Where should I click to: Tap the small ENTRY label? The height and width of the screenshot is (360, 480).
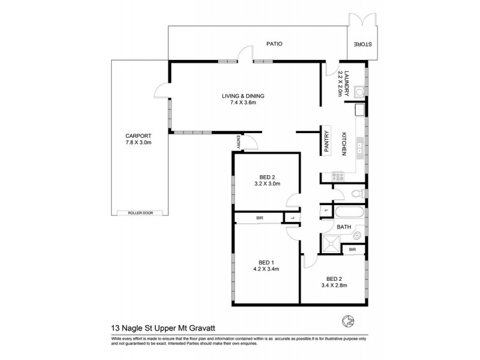pos(238,142)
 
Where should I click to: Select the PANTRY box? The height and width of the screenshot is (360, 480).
pos(327,143)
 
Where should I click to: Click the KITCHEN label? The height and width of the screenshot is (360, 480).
pos(345,144)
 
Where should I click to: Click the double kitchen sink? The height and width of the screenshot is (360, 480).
pos(359,147)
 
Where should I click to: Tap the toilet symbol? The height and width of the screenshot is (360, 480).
pos(358,193)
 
